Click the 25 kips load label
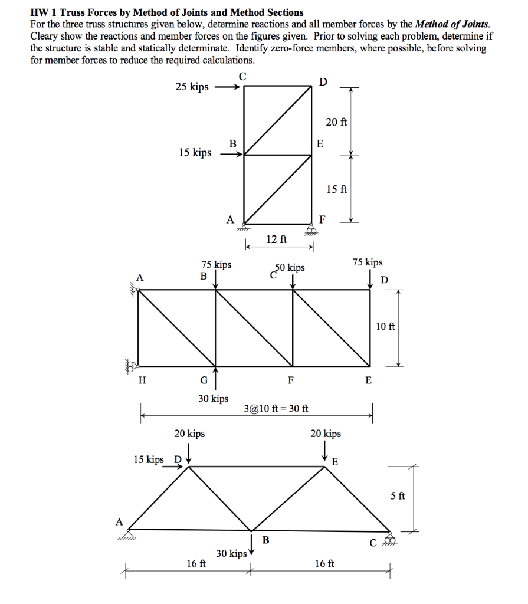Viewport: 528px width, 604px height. coord(192,87)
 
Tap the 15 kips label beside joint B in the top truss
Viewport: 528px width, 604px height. coord(195,153)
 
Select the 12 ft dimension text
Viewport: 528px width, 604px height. coord(277,239)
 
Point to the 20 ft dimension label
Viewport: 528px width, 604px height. coord(336,122)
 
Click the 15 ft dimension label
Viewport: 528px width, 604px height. coord(336,189)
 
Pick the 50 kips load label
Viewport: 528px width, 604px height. coord(291,268)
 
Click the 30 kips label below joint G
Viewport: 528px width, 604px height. coord(213,399)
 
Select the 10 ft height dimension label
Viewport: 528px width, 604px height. coord(385,326)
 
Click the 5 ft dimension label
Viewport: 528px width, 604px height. coord(398,496)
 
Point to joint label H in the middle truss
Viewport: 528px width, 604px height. coord(142,380)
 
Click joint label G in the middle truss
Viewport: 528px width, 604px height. coord(204,380)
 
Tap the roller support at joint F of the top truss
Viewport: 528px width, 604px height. coord(311,229)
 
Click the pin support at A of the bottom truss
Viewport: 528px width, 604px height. coord(127,534)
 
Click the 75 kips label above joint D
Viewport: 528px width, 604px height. coord(367,262)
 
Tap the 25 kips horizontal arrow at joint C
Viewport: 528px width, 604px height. coord(227,87)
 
